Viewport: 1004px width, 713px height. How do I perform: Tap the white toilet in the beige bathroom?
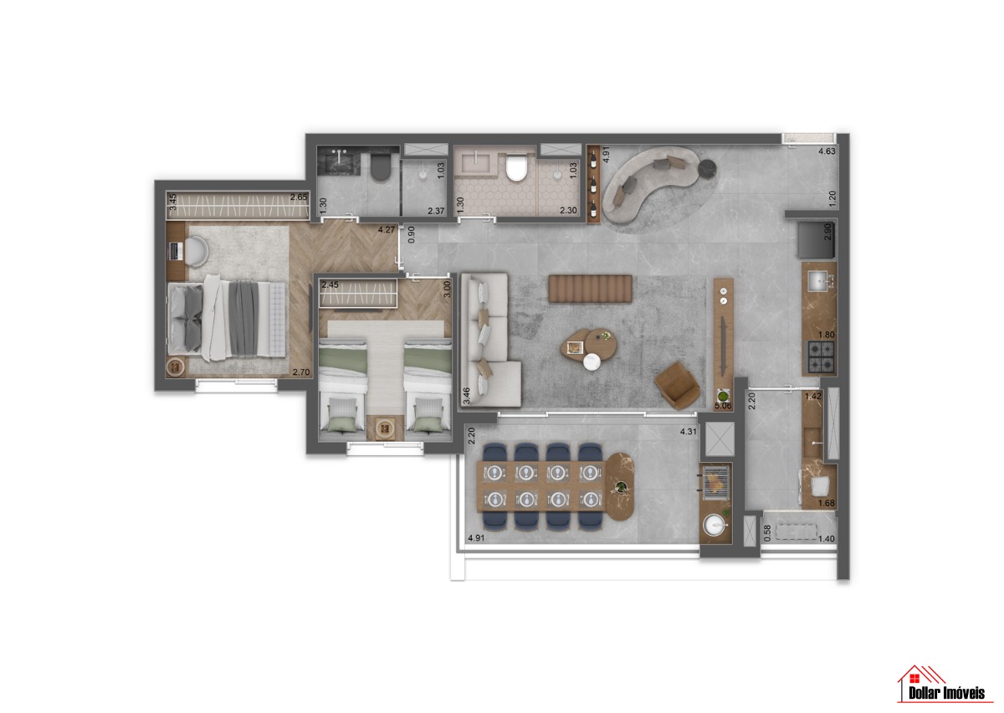tap(516, 167)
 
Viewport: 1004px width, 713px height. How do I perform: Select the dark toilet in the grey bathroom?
tap(381, 167)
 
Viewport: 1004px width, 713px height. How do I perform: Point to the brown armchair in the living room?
tap(677, 385)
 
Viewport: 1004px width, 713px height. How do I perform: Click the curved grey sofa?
tap(650, 182)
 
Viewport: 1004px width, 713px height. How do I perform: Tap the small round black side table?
tap(707, 168)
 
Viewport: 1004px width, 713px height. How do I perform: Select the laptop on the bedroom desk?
tap(175, 251)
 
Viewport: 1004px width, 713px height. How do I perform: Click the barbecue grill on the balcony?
tap(717, 483)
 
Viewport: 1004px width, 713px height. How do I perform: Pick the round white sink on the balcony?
tap(715, 525)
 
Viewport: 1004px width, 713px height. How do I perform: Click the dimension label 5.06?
tap(723, 406)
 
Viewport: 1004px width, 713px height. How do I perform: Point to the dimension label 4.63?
tap(827, 151)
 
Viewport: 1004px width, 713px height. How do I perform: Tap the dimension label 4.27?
tap(387, 229)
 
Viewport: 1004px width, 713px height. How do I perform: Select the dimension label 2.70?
tap(300, 372)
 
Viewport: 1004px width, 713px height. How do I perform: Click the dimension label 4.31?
tap(689, 432)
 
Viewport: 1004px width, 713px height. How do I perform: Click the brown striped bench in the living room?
tap(591, 289)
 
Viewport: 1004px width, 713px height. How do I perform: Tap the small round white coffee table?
tap(592, 362)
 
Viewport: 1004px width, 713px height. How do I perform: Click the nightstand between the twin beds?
tap(385, 428)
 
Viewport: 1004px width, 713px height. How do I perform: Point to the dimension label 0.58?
tap(767, 533)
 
